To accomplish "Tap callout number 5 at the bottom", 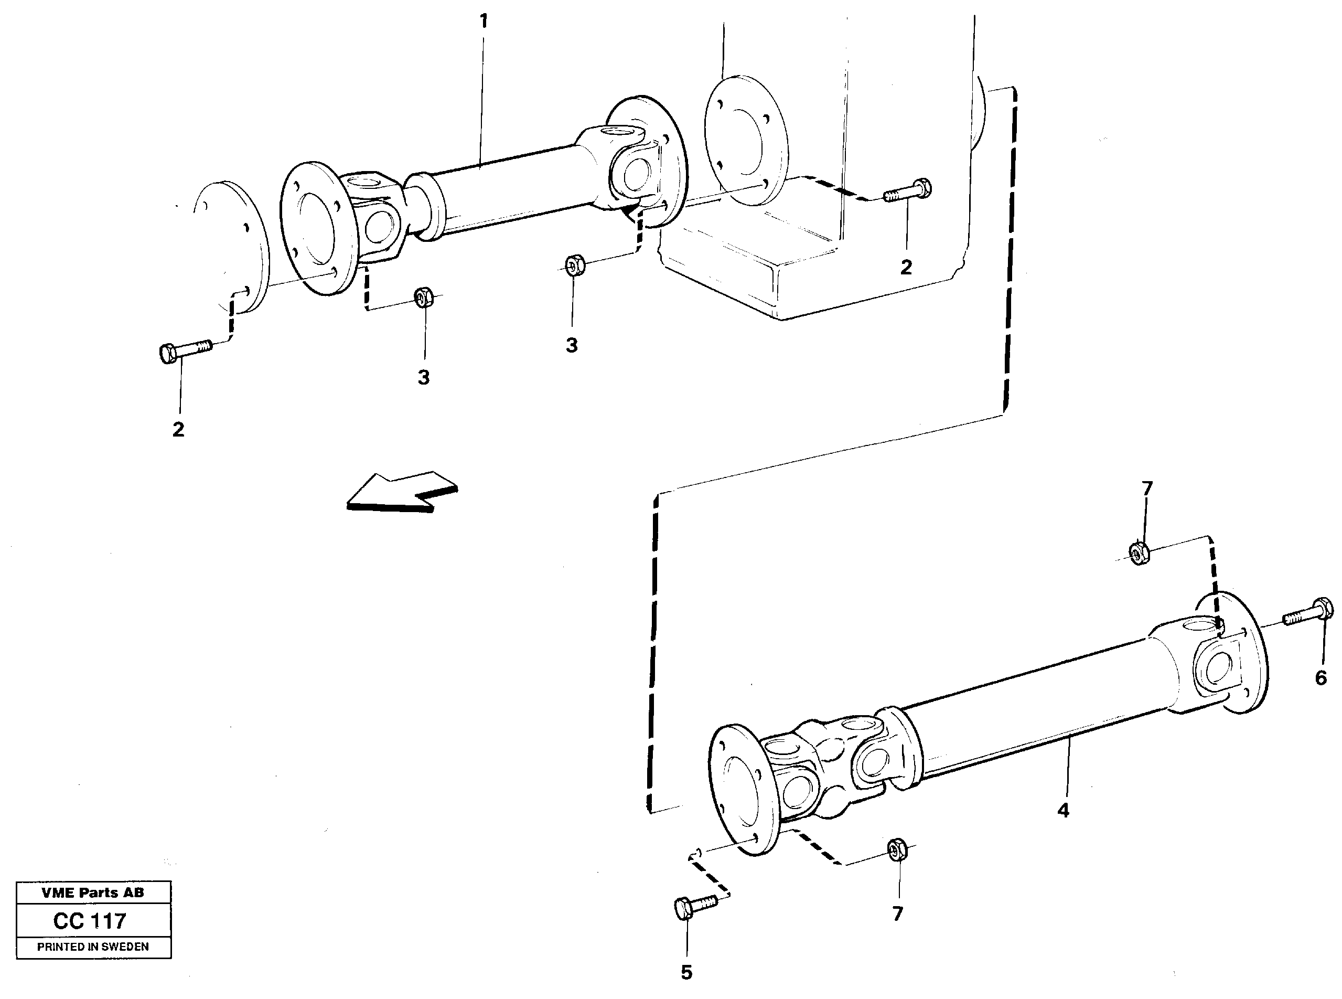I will (x=686, y=972).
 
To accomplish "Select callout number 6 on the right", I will (x=1321, y=678).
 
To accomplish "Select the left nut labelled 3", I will (x=423, y=297).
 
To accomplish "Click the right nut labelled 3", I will (x=574, y=265).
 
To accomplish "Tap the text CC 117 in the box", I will (x=90, y=921).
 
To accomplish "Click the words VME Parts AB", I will (x=92, y=892).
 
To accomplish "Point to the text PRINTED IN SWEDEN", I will (x=92, y=947).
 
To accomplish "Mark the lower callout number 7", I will (x=897, y=913).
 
